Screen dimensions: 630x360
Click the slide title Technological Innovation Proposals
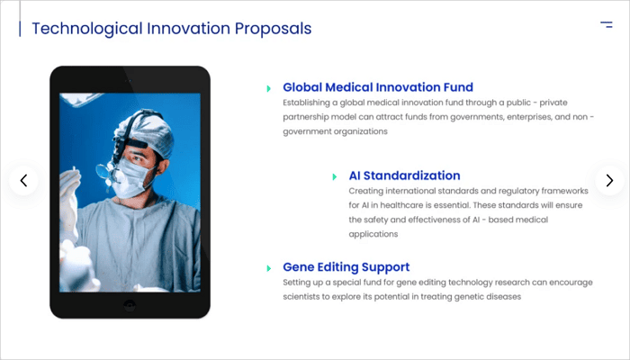[172, 29]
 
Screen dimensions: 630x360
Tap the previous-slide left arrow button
[23, 181]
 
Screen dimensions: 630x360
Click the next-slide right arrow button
[609, 181]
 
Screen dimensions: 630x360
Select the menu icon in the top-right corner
[607, 24]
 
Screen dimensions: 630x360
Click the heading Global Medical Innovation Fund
[378, 87]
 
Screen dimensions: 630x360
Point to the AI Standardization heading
[404, 175]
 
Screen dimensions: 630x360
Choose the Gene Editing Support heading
[346, 267]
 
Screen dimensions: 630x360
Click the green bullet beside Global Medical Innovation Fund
[269, 88]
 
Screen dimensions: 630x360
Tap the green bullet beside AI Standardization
[335, 176]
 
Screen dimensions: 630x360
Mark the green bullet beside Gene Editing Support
[269, 268]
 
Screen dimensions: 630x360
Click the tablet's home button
[130, 305]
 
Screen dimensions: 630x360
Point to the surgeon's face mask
[131, 178]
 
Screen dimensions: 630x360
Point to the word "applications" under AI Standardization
[373, 235]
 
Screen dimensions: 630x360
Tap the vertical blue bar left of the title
[20, 29]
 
